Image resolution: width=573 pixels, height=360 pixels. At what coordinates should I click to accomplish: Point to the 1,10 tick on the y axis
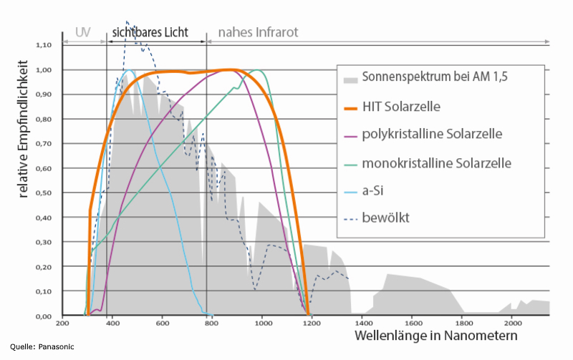pyautogui.click(x=44, y=44)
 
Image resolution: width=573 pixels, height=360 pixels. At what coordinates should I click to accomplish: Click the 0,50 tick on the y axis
pyautogui.click(x=44, y=193)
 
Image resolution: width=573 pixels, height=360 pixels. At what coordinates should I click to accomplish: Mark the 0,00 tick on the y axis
pyautogui.click(x=44, y=316)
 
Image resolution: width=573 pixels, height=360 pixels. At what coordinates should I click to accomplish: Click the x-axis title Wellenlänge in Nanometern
pyautogui.click(x=435, y=336)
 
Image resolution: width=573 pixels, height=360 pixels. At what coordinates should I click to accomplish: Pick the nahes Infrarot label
pyautogui.click(x=258, y=33)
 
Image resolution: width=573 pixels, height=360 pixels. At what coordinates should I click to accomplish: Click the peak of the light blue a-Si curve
pyautogui.click(x=130, y=70)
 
